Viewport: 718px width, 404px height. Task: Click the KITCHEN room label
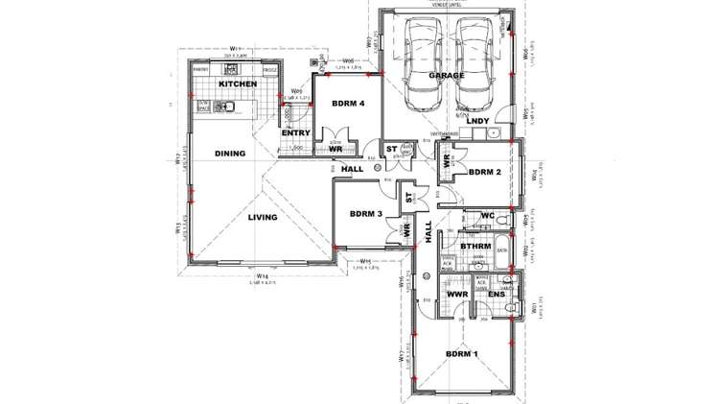237,84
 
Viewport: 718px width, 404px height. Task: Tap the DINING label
229,154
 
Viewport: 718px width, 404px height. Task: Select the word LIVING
263,218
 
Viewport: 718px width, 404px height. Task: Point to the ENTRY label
294,132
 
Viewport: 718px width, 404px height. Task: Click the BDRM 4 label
348,103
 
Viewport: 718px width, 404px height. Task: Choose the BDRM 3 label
366,214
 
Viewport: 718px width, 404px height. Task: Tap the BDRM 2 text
485,173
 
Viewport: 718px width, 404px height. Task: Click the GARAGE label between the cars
446,75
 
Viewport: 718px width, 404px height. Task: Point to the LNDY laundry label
477,121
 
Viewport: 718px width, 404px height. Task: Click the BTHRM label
476,247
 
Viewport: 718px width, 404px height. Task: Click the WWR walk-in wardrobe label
456,296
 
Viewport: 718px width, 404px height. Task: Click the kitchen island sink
231,107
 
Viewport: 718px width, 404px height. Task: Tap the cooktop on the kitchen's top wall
238,70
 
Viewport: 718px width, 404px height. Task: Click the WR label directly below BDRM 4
336,150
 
